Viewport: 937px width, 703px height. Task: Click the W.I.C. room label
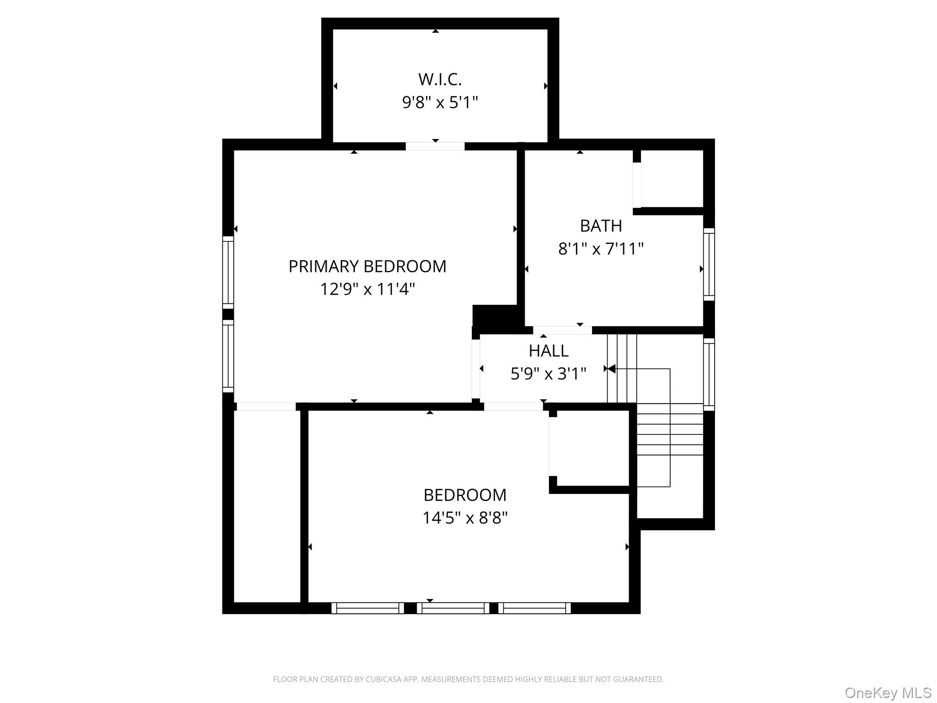[x=440, y=80]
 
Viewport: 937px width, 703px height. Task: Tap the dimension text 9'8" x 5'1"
[x=440, y=103]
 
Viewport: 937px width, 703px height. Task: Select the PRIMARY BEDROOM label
[x=367, y=266]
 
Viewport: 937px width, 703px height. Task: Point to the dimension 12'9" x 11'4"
[x=367, y=289]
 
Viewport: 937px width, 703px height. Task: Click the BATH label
[x=601, y=226]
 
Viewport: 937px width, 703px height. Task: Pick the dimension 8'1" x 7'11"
[x=601, y=249]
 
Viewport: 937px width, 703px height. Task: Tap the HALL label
[x=548, y=351]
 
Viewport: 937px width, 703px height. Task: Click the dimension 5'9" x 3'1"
[x=548, y=374]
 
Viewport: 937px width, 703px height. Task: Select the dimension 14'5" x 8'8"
[x=465, y=518]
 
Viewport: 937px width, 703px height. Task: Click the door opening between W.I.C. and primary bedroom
[x=435, y=146]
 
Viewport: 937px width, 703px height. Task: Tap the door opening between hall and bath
[x=562, y=330]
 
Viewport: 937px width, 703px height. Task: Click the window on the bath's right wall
[x=709, y=265]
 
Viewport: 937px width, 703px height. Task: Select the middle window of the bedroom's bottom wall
[x=452, y=608]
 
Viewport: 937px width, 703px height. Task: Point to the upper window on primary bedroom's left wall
[x=228, y=272]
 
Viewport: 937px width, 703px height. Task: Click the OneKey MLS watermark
[x=888, y=692]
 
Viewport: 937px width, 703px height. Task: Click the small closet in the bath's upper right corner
[x=672, y=179]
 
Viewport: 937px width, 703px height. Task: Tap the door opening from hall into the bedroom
[x=513, y=406]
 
